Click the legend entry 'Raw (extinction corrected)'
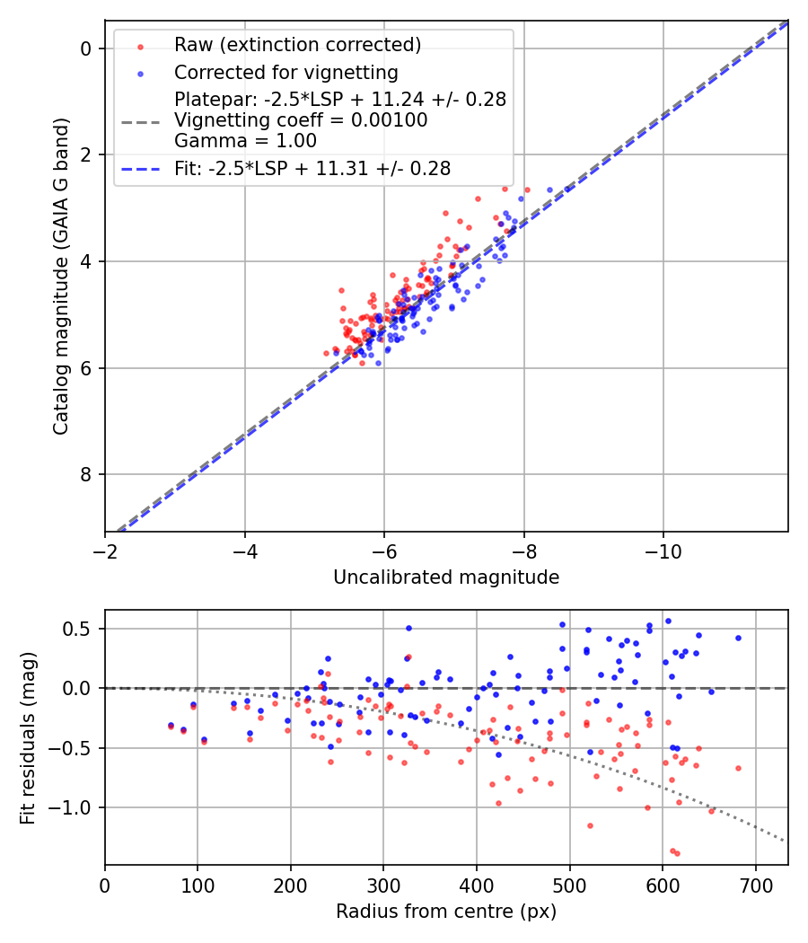click(297, 45)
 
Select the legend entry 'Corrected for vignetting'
click(286, 72)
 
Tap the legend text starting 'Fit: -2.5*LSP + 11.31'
click(312, 168)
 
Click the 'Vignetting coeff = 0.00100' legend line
click(301, 119)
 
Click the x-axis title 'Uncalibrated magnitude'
click(446, 577)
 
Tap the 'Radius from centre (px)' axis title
click(446, 912)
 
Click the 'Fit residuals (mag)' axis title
click(28, 737)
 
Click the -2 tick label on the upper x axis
click(105, 551)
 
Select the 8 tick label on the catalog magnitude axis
click(86, 475)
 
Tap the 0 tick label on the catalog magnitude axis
click(86, 48)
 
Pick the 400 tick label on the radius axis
click(477, 885)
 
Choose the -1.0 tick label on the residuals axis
click(74, 808)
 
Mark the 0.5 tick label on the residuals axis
click(80, 629)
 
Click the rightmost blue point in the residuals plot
click(738, 638)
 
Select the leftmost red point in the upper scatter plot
click(327, 353)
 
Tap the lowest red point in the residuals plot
click(677, 853)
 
